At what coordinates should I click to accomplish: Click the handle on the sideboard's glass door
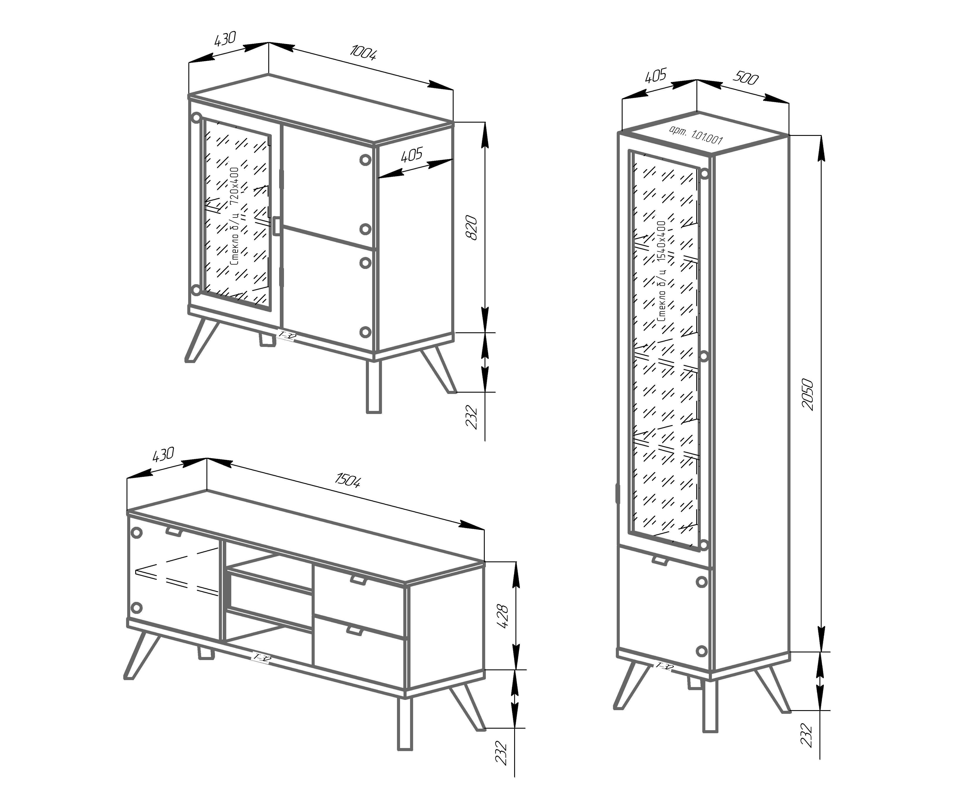point(277,226)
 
